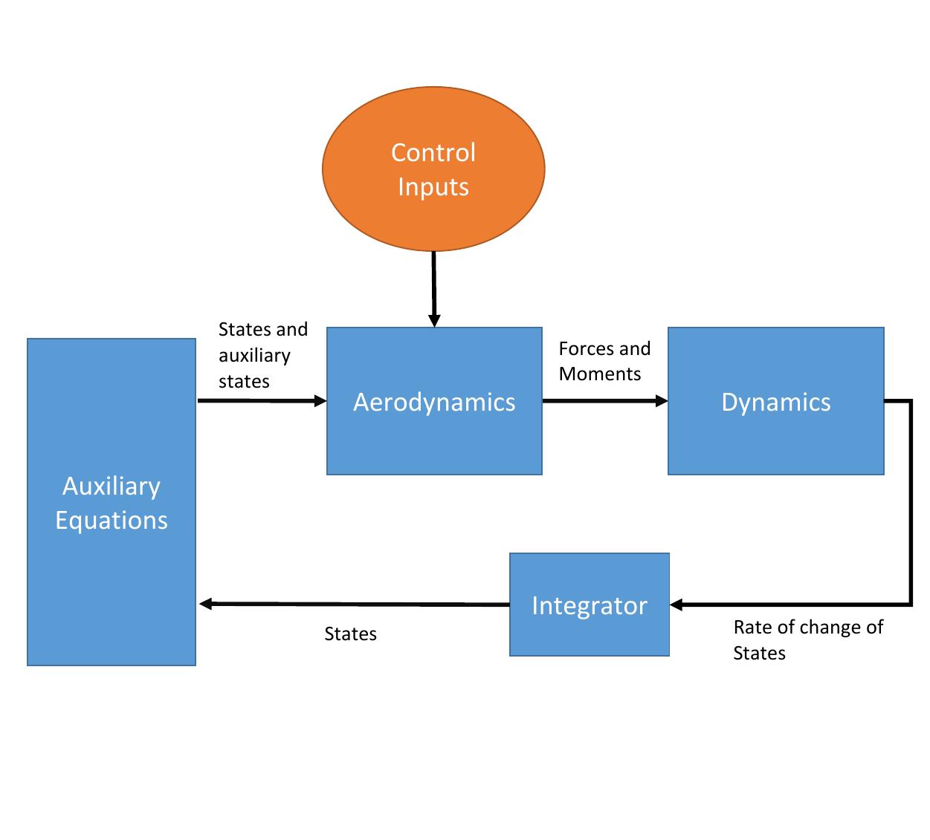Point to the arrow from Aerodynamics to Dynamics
pos(604,401)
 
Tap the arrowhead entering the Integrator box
pos(676,605)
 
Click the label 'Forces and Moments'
pos(604,361)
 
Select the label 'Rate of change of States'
pos(807,639)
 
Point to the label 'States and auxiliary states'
pos(262,355)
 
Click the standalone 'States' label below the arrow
pos(350,634)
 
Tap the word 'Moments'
pos(599,374)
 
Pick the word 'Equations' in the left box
pos(112,520)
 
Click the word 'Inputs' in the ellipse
pos(433,186)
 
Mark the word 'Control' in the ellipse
pos(433,152)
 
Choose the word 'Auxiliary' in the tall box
pos(112,486)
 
